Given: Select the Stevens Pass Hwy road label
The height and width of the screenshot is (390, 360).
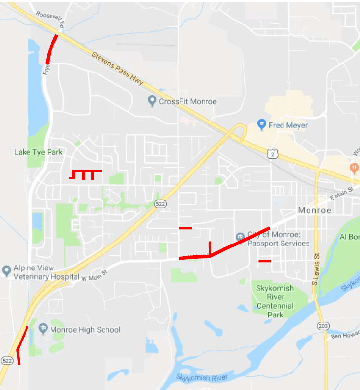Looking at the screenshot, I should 118,69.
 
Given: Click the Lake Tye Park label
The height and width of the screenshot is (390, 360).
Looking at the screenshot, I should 38,152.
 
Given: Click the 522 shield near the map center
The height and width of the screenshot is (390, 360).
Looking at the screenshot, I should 159,204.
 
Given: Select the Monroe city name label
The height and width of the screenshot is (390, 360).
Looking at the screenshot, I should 314,210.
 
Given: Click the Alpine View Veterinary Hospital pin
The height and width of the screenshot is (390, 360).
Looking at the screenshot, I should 6,270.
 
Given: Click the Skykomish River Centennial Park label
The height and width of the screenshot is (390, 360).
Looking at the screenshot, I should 275,301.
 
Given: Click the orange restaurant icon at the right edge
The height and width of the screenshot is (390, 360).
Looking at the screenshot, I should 353,168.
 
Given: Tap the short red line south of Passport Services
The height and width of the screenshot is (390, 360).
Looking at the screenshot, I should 264,261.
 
